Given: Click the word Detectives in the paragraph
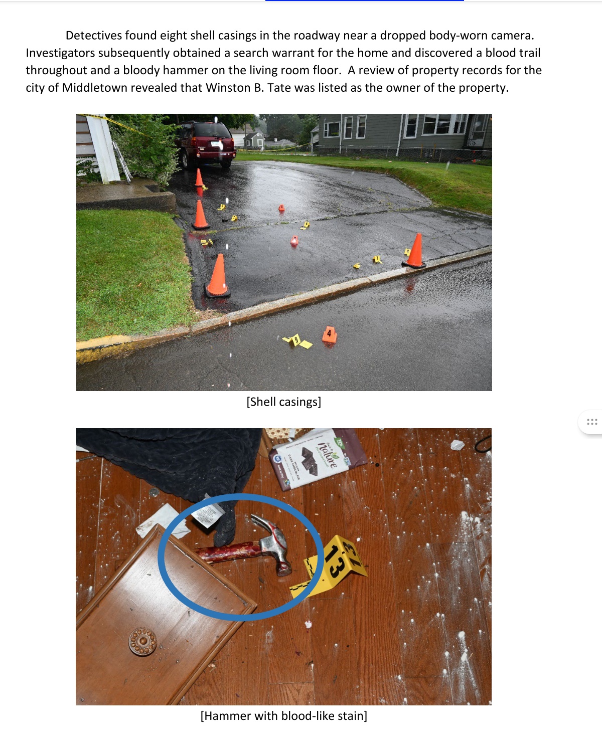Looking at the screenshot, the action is (94, 36).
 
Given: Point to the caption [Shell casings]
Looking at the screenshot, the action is (283, 402).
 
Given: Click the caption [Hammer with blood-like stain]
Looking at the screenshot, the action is (283, 716).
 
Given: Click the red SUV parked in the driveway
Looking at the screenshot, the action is (206, 144).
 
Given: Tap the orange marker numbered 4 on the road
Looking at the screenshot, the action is (329, 335).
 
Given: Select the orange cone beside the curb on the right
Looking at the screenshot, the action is (414, 251).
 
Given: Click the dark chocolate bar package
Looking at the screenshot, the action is (318, 459).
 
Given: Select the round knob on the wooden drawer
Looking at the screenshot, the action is (142, 642).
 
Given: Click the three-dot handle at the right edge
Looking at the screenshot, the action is (591, 422).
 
